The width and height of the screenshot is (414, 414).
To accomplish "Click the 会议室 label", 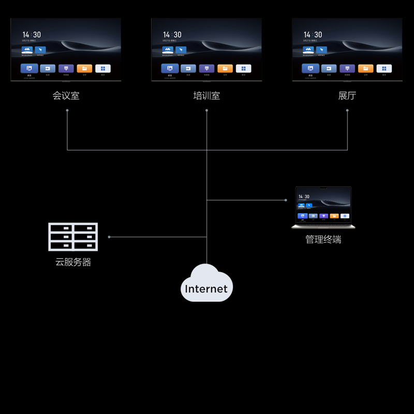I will tap(66, 96).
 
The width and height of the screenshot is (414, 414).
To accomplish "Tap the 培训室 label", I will tap(206, 96).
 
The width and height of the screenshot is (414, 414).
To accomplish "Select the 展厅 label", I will tap(347, 96).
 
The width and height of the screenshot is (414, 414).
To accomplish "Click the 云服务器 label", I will tap(73, 262).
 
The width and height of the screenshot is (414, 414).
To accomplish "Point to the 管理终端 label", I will tap(323, 239).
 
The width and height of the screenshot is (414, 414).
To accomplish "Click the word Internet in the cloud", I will tap(206, 289).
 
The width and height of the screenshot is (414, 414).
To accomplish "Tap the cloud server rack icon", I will tap(73, 237).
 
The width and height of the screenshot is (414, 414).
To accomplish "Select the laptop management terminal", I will tap(323, 207).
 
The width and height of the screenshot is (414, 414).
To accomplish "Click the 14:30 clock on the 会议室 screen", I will tap(32, 35).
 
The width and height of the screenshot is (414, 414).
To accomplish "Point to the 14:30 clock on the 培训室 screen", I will tap(172, 35).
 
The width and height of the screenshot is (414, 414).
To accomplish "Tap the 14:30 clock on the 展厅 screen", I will tap(313, 35).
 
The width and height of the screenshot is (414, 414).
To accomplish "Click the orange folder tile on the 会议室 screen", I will tap(84, 68).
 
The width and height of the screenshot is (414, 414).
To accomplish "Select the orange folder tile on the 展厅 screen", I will tap(365, 68).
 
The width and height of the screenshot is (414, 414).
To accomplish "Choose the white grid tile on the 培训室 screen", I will tap(244, 68).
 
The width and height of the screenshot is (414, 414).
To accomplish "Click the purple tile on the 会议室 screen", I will tap(66, 68).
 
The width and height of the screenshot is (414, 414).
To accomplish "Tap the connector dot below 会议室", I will tap(67, 110).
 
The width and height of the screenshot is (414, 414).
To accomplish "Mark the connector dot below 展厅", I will tap(347, 110).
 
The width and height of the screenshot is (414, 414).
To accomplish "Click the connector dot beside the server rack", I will tap(109, 237).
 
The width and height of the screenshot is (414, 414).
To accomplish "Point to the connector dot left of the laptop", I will tap(286, 200).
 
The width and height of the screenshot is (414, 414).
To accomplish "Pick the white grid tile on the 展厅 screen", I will tap(384, 68).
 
